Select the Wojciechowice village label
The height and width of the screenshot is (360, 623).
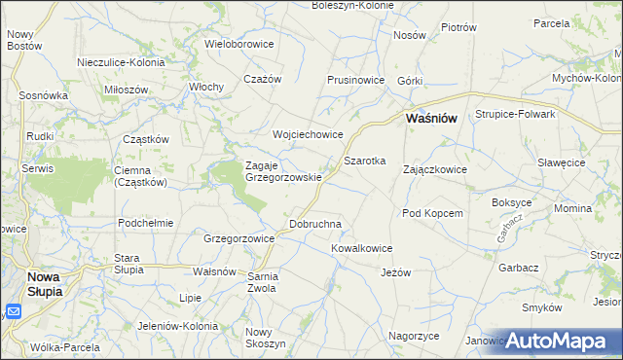coord(309,134)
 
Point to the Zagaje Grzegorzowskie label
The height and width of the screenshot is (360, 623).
coord(283,171)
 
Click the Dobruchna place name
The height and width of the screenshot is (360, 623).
coord(315,224)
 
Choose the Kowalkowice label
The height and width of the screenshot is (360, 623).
coord(361,248)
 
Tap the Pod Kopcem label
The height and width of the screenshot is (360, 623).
coord(431,213)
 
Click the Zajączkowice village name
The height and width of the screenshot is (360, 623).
coord(435,169)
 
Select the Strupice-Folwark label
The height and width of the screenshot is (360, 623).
coord(515,114)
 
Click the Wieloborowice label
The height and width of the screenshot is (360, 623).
coord(239,44)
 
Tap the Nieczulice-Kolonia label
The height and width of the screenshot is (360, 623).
coord(122,62)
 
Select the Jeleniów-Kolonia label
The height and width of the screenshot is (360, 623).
coord(153,325)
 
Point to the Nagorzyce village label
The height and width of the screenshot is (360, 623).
coord(414,336)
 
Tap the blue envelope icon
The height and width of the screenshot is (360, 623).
coord(13,311)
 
